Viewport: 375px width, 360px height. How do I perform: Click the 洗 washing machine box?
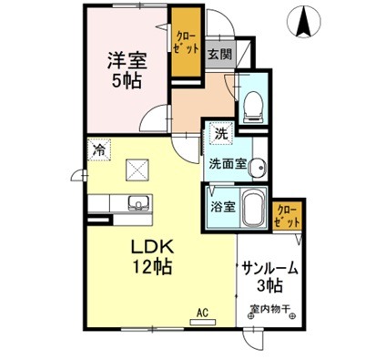point(220,133)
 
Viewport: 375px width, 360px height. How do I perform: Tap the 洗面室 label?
point(228,165)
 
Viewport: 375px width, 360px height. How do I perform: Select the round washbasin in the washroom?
point(260,168)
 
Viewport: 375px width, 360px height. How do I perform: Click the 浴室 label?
point(223,205)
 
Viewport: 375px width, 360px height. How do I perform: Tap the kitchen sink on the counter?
point(138,201)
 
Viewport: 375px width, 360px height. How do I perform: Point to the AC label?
point(202,312)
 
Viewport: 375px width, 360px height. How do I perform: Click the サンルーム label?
point(270,268)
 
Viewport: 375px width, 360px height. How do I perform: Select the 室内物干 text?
point(269,310)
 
